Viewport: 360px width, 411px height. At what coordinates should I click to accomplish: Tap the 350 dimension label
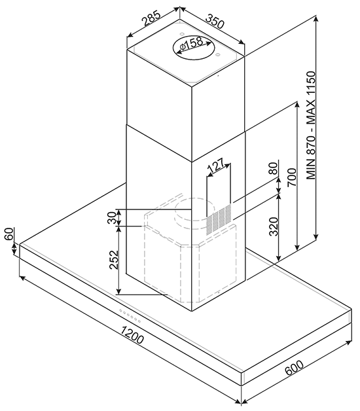[215, 21]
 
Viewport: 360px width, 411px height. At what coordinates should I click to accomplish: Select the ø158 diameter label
[192, 44]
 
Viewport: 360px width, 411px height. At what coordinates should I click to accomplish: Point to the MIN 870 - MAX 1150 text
[311, 125]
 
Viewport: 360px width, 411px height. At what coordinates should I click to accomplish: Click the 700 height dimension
[291, 177]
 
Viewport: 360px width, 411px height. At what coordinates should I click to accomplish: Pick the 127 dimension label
[216, 165]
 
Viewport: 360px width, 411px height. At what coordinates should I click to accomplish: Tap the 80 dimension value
[273, 169]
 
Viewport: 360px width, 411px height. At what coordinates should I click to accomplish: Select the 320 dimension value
[274, 226]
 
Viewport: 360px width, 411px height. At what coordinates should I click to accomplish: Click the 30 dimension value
[112, 217]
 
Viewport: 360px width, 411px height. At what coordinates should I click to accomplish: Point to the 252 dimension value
[114, 260]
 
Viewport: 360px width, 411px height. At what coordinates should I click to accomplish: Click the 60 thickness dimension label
[9, 234]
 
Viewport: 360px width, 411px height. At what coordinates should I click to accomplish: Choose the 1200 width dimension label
[132, 334]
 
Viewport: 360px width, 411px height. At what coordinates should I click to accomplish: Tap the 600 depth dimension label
[294, 368]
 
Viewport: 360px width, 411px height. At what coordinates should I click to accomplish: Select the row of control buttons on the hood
[130, 316]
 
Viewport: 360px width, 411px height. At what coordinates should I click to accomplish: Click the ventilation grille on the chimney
[219, 219]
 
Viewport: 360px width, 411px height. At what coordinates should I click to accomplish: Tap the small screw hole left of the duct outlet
[181, 34]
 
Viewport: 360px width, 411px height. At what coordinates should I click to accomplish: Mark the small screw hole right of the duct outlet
[217, 55]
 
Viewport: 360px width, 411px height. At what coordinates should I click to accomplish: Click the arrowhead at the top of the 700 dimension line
[297, 105]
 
